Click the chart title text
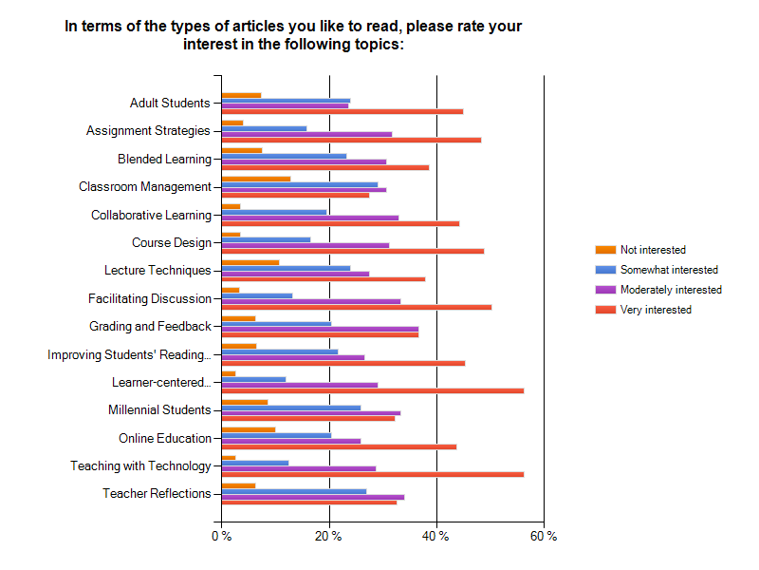[x=293, y=35]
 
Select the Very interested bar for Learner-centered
[x=372, y=390]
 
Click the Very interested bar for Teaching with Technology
[x=372, y=474]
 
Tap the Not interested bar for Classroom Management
[x=255, y=179]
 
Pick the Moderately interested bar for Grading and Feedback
[x=320, y=329]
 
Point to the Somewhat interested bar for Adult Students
[x=286, y=100]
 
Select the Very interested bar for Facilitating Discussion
[x=356, y=307]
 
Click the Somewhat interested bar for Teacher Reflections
[x=293, y=491]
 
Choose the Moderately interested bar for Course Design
[x=305, y=245]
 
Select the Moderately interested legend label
[x=670, y=290]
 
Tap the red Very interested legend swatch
[x=605, y=310]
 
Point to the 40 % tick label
[x=436, y=537]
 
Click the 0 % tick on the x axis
[x=221, y=537]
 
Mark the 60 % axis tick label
[x=544, y=537]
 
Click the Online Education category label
[x=164, y=438]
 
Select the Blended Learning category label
[x=164, y=159]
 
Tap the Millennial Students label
[x=158, y=410]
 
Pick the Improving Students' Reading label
[x=129, y=354]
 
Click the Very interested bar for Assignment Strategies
[x=351, y=140]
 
